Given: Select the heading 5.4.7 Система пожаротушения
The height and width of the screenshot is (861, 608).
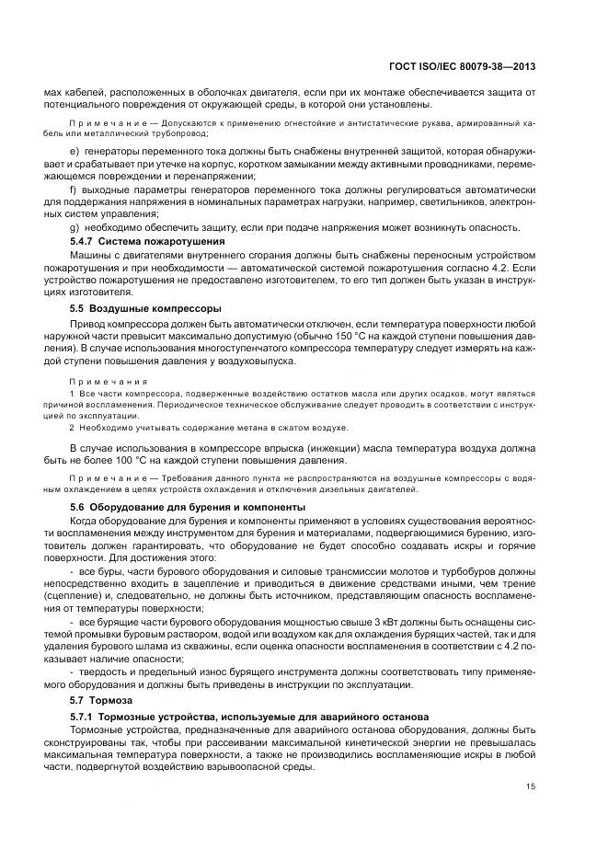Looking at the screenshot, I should coord(148,241).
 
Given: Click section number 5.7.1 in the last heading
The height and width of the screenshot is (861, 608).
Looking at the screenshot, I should coord(86,716).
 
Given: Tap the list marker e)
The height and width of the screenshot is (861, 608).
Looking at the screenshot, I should coord(75,150).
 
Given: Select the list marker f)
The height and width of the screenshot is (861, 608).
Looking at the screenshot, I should coord(74,189).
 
